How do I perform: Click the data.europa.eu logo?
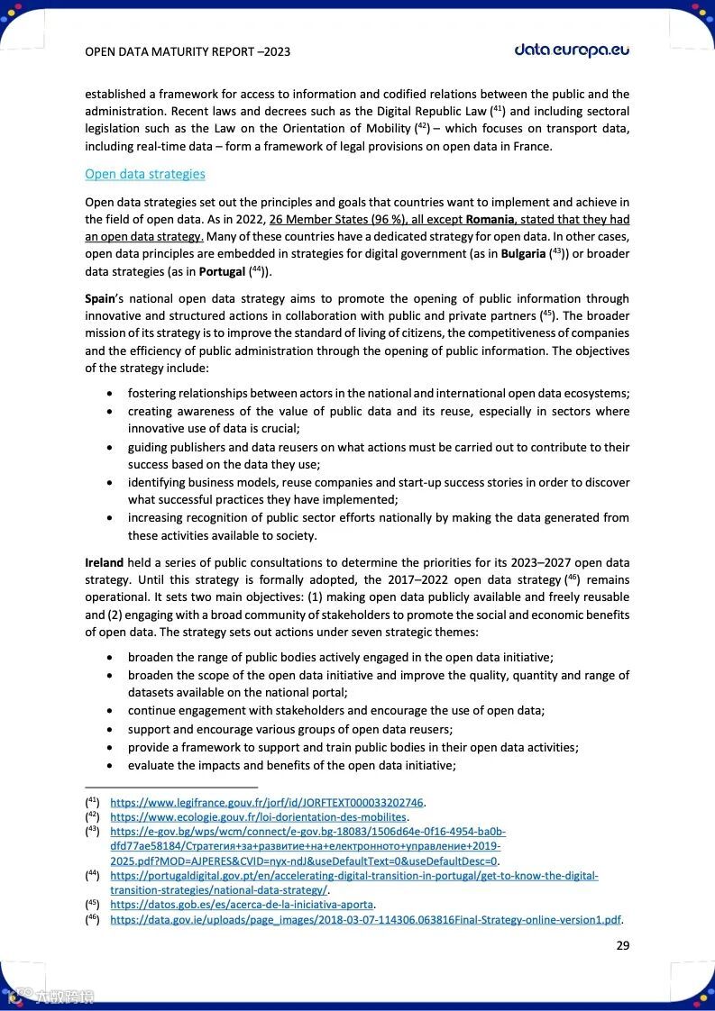point(572,50)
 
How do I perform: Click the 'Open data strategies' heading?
point(144,174)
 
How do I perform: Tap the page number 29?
point(622,945)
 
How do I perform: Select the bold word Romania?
point(490,220)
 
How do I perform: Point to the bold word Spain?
point(100,298)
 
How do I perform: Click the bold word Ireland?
point(104,562)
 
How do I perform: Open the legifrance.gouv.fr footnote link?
point(267,802)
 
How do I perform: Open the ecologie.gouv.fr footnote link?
point(259,816)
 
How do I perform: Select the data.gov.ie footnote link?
point(366,919)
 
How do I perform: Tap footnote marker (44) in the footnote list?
point(92,875)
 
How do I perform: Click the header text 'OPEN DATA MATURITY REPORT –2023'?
point(187,52)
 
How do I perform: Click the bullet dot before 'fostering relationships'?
point(110,395)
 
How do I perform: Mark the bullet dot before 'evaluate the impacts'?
point(110,766)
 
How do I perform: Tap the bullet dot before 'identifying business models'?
point(110,483)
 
